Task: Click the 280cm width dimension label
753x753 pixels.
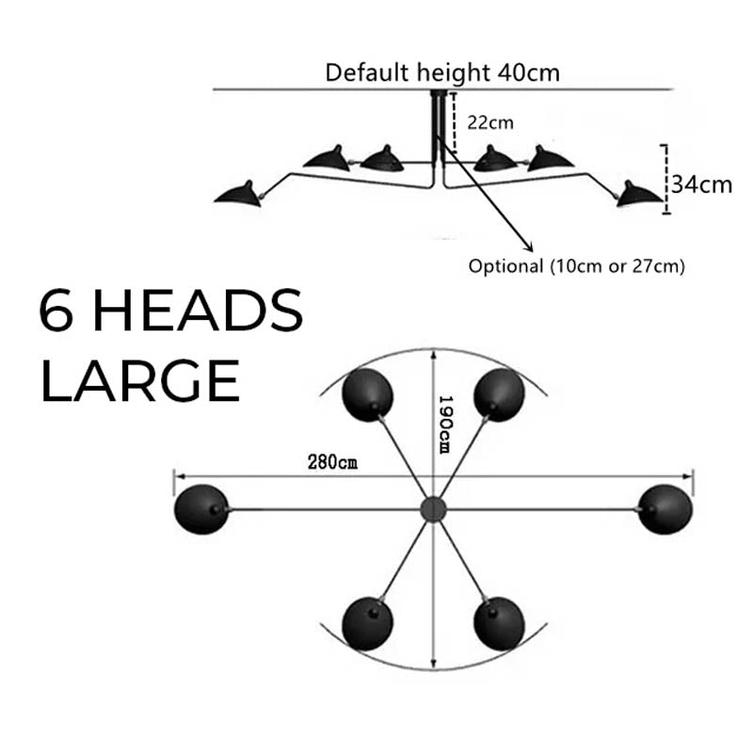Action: point(332,462)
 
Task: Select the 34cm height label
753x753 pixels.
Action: point(701,184)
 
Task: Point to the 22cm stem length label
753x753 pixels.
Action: point(490,122)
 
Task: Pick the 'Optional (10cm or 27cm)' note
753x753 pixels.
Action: point(576,265)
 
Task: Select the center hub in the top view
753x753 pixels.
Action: point(433,509)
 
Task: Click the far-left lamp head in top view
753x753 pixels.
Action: point(201,510)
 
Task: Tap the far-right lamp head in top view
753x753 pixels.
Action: point(665,510)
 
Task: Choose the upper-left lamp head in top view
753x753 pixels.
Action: point(368,394)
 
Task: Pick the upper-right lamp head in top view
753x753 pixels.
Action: point(499,394)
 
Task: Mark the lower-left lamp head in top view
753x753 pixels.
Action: point(368,623)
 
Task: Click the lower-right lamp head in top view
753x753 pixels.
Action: point(499,623)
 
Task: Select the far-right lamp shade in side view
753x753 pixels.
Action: point(640,194)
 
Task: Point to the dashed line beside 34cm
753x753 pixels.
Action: point(666,179)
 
